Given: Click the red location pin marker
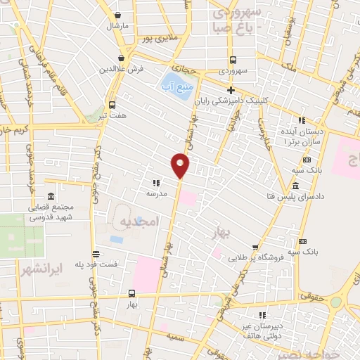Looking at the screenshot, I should point(180,165).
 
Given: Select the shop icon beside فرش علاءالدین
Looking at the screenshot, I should point(122,58).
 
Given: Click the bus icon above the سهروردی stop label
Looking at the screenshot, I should point(233,60).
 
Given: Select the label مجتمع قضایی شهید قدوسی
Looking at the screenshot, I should point(51,212).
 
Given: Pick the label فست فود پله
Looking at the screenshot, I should point(95,264).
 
